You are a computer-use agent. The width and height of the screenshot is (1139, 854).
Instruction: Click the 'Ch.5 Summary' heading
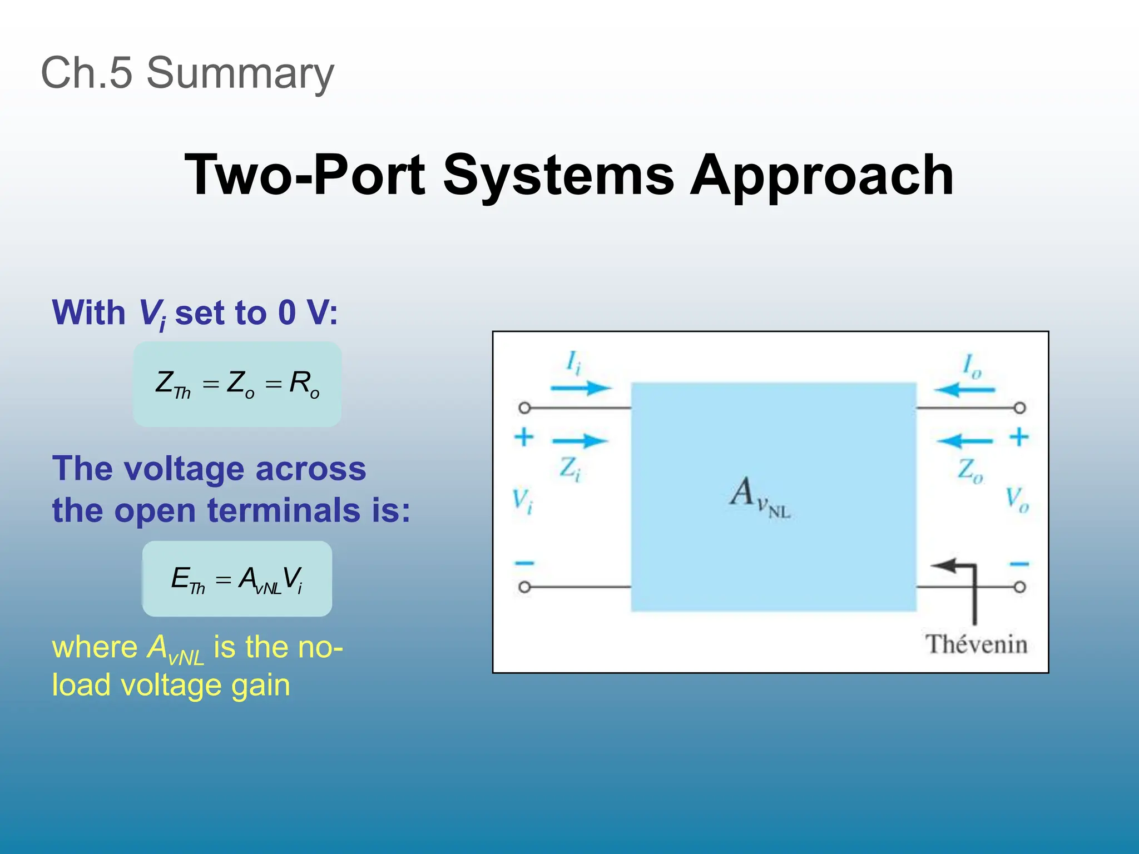click(x=187, y=73)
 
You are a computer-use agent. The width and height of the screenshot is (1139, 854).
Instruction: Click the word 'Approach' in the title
click(x=821, y=175)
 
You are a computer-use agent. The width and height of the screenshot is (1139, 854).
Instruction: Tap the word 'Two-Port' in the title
click(x=305, y=175)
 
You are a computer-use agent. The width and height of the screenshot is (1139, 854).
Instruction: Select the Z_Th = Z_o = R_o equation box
click(x=237, y=384)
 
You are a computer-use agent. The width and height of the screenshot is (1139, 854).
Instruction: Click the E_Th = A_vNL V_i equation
click(x=237, y=579)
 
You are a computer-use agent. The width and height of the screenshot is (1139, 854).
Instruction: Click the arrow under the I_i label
click(x=581, y=388)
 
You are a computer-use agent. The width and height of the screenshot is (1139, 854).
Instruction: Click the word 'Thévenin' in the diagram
click(x=976, y=644)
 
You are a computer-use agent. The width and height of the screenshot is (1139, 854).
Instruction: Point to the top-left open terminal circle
click(x=524, y=408)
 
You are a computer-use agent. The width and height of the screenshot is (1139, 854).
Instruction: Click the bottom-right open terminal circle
click(x=1019, y=587)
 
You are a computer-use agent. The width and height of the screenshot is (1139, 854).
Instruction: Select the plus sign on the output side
click(x=1019, y=437)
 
